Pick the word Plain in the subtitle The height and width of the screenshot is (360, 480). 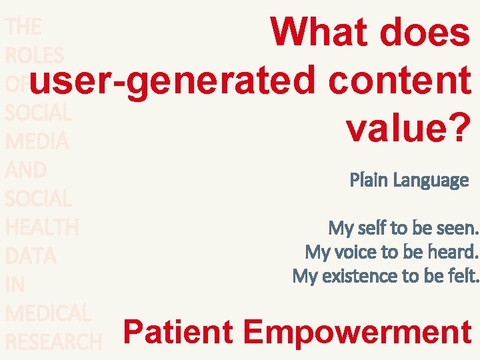369,180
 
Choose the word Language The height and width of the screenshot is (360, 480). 431,180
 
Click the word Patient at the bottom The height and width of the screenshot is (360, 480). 178,331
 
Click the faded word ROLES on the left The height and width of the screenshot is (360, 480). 34,55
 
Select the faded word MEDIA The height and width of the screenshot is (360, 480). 37,141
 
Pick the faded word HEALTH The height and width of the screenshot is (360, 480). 41,227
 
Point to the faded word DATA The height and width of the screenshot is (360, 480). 31,256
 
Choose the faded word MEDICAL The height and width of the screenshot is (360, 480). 47,313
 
